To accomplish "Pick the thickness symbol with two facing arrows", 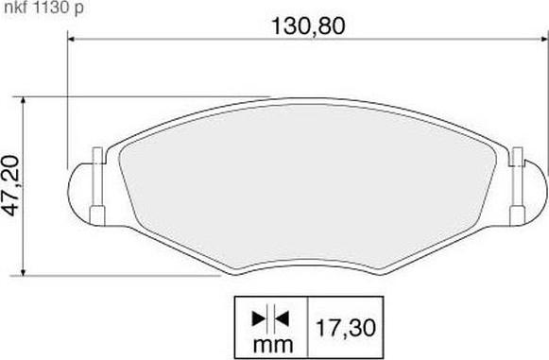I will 269,316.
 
